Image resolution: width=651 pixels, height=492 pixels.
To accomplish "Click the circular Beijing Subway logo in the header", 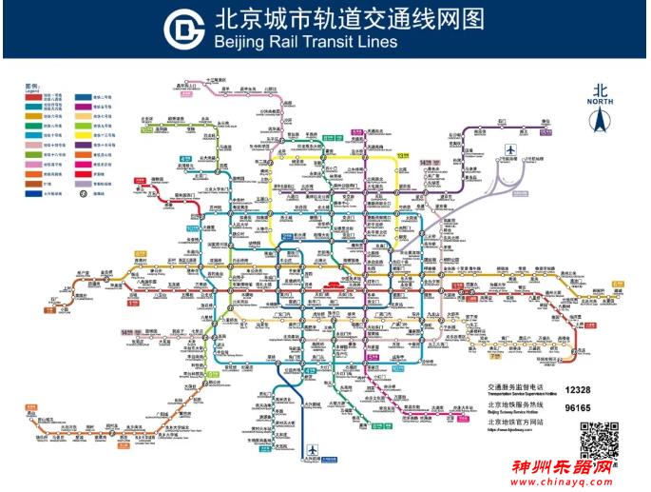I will (x=183, y=30).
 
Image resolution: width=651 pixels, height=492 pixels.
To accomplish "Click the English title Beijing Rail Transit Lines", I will (x=305, y=43).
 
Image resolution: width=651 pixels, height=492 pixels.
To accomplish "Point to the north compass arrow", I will (x=600, y=119).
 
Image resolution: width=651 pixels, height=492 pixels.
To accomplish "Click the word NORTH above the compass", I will (x=600, y=100).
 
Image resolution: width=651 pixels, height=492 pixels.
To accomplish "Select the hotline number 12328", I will (x=580, y=389).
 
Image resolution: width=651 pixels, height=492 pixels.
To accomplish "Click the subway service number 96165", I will (x=580, y=407).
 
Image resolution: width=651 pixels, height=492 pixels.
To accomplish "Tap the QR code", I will (x=600, y=439).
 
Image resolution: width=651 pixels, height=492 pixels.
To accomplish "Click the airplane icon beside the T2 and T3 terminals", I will (x=511, y=149).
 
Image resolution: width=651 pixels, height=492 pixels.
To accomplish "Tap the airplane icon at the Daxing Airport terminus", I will (x=313, y=450).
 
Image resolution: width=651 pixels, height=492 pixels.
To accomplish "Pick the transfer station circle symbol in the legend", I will (x=84, y=193).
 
